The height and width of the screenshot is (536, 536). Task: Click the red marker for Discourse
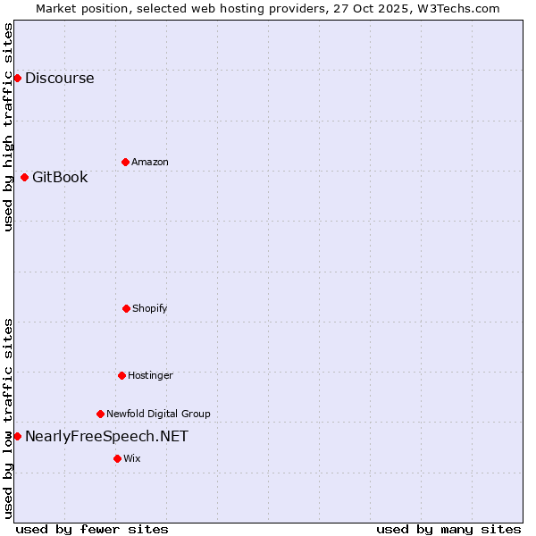[17, 78]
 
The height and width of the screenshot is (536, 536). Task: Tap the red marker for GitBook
[24, 177]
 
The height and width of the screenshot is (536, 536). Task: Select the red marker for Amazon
[125, 162]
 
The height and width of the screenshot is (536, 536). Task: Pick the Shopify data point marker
[126, 308]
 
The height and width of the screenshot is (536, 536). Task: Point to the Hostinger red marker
[121, 375]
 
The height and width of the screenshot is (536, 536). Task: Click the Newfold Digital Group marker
[100, 414]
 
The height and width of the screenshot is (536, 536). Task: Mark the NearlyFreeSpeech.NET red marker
[17, 436]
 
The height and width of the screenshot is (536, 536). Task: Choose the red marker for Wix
[117, 458]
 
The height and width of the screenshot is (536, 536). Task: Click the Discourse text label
[59, 78]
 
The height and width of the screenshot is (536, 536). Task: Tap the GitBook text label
[60, 177]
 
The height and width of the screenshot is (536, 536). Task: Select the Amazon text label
[150, 162]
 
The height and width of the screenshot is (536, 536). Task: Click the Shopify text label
[150, 308]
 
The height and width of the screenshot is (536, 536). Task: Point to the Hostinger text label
[150, 375]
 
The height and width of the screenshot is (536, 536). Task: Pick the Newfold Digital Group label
[158, 414]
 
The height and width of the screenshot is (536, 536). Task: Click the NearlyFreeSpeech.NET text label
[106, 436]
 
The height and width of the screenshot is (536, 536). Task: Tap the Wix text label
[132, 458]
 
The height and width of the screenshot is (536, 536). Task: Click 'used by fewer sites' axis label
[92, 529]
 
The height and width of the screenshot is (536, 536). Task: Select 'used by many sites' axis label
[448, 529]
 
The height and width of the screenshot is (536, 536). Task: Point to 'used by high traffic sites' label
[8, 127]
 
